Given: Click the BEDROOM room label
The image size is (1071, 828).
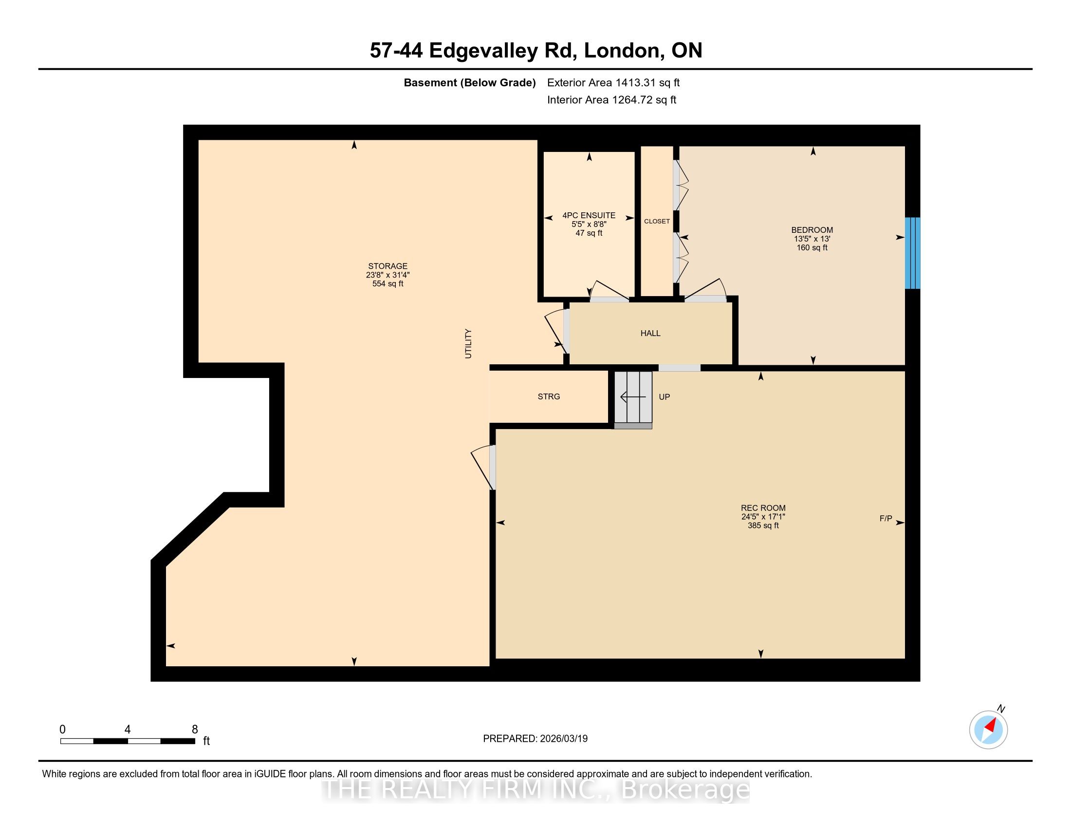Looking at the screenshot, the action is (x=812, y=229).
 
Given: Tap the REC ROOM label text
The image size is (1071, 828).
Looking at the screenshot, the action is (x=763, y=508).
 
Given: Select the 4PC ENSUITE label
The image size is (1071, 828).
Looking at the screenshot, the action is (x=589, y=215).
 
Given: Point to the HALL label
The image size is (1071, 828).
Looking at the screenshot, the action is (x=650, y=333).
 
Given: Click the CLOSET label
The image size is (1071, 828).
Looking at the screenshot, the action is (x=657, y=221).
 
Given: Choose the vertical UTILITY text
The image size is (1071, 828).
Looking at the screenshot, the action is (x=468, y=343).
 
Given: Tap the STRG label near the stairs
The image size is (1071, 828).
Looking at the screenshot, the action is (x=549, y=396).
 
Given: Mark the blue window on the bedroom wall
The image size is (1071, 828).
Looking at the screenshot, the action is (x=912, y=253).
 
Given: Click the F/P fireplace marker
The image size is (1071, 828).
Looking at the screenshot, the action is (x=886, y=518).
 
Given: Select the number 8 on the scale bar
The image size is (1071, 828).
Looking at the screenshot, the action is (x=195, y=730).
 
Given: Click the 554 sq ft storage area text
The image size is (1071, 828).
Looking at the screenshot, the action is (x=388, y=283).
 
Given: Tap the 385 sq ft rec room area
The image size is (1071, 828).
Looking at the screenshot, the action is (x=763, y=526).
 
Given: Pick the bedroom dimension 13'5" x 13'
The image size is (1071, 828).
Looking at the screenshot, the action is (x=812, y=239).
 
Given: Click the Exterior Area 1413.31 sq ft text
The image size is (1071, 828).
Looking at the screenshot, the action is (x=613, y=82).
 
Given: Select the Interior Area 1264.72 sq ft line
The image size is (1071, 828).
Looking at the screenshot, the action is (x=611, y=99).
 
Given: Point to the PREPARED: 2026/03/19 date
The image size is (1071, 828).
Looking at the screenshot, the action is (x=535, y=738).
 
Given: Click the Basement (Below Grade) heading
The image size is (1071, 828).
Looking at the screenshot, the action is (x=469, y=82).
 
